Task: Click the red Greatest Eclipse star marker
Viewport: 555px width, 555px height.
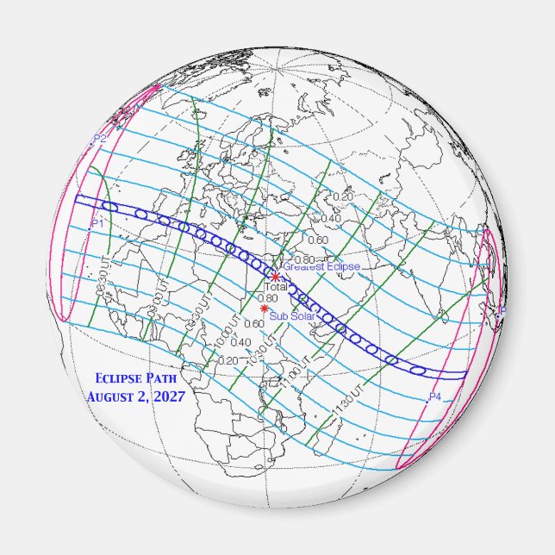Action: tap(275, 277)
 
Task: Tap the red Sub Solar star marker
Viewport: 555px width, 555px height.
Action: tap(264, 309)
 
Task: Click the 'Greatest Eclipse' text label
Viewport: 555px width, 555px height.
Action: tap(321, 267)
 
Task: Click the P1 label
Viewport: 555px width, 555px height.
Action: tap(97, 223)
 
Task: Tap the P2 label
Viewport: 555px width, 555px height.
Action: tap(100, 139)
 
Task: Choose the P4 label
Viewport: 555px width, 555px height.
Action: tap(434, 397)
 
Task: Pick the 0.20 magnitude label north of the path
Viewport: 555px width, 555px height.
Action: tap(343, 197)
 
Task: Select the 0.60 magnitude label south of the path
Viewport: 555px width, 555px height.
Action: tap(254, 324)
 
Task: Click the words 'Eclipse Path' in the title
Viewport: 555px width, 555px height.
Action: tap(134, 378)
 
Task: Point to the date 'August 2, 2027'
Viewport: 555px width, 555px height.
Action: tap(134, 397)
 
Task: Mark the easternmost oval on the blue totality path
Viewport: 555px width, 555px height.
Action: tap(418, 369)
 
